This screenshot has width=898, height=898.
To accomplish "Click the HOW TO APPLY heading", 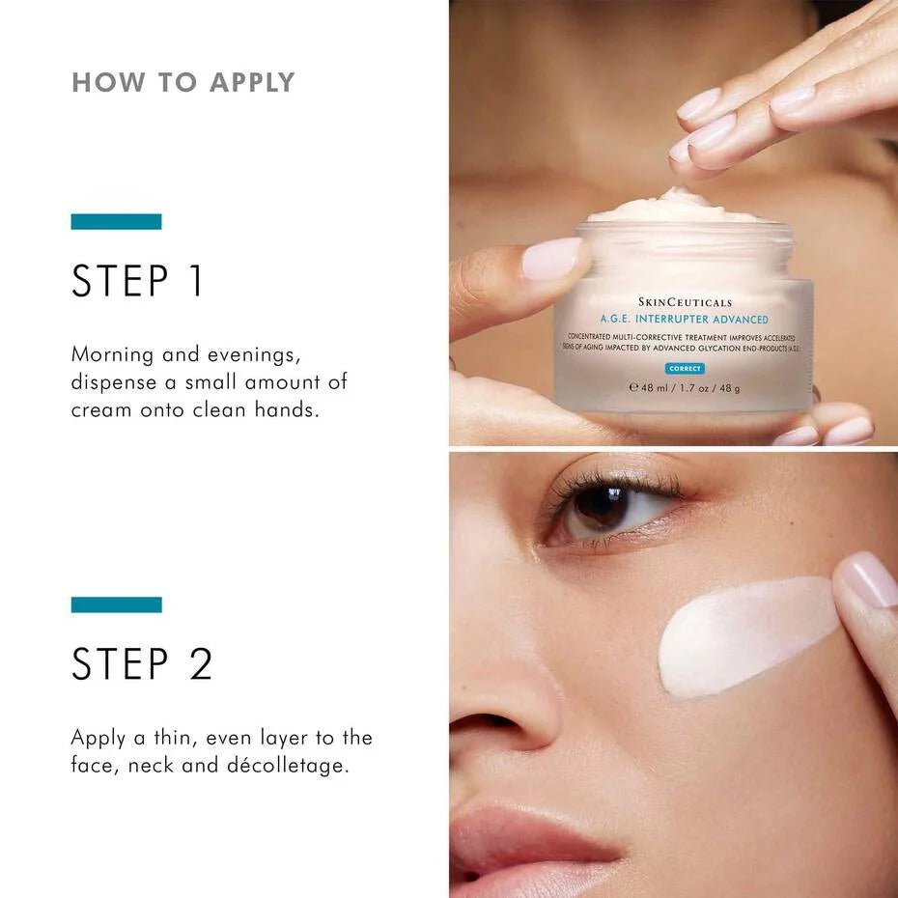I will click(x=183, y=82).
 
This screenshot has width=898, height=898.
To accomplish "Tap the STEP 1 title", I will click(x=138, y=281).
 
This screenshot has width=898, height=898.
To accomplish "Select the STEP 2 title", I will click(x=142, y=663).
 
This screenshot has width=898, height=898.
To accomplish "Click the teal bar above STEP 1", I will click(x=116, y=222).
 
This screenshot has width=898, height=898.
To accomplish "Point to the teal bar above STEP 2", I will click(x=116, y=604).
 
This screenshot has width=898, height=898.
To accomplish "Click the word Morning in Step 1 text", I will click(x=112, y=354).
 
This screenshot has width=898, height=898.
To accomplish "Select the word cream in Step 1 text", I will click(x=100, y=409).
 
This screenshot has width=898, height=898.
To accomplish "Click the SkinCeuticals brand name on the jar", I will click(x=685, y=302).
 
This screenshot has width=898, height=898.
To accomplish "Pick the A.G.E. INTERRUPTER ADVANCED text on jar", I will click(x=685, y=320).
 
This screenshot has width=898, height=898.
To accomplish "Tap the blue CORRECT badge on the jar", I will click(x=685, y=369).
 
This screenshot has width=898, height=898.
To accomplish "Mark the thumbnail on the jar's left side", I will click(x=553, y=260).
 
